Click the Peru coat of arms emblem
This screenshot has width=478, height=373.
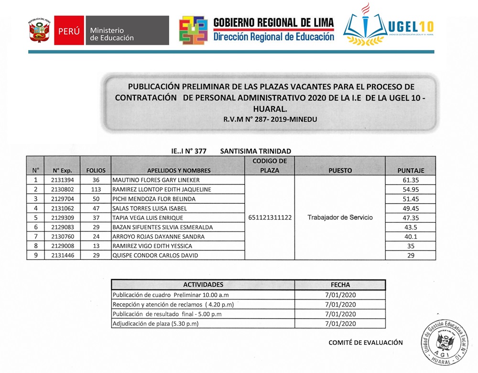click(x=39, y=31)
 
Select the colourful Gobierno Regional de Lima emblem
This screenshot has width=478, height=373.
click(x=194, y=31)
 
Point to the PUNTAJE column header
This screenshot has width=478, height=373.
click(x=411, y=170)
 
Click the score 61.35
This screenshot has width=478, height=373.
click(x=411, y=180)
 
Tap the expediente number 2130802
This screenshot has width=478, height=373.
click(x=62, y=189)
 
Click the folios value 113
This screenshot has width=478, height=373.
click(x=96, y=189)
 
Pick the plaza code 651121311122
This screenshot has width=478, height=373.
click(x=269, y=218)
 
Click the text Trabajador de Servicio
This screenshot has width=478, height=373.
click(x=340, y=218)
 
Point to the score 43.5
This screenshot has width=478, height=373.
click(x=411, y=227)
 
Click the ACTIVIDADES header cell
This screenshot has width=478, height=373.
click(x=203, y=285)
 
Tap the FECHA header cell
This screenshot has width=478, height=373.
click(x=340, y=285)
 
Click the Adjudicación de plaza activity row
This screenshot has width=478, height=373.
click(x=155, y=324)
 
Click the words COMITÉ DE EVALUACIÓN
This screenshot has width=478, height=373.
click(x=366, y=342)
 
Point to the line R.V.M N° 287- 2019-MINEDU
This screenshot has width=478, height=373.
click(x=270, y=120)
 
